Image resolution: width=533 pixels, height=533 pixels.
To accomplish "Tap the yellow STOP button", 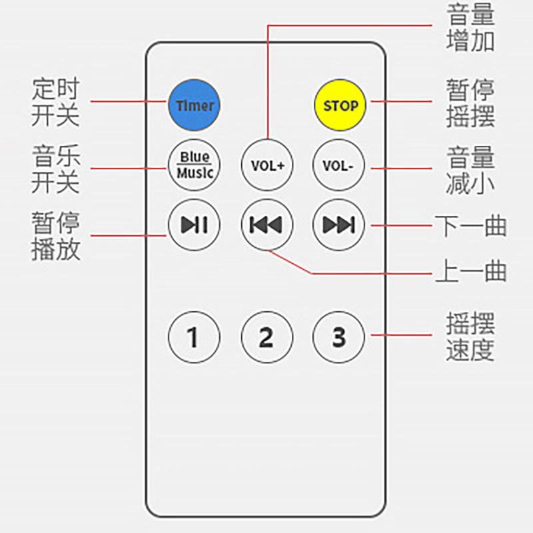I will [x=340, y=105].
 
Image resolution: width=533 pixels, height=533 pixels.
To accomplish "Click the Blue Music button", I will [x=195, y=165].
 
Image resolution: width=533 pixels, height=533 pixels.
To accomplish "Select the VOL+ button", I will [x=267, y=165].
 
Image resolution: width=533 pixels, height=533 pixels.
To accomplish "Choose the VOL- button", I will [x=338, y=165].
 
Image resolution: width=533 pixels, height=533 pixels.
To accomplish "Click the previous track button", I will [x=266, y=225].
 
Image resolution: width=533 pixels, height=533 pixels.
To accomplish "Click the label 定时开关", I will [x=55, y=102].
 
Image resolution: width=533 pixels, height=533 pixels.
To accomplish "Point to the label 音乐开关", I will [x=55, y=169].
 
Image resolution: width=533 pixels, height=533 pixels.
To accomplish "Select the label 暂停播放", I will [x=55, y=236].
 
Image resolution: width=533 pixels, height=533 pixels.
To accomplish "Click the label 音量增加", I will [x=470, y=27].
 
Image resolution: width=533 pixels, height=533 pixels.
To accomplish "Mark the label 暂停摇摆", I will [x=470, y=103].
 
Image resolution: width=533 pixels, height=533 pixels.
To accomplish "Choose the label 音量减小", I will [x=470, y=171].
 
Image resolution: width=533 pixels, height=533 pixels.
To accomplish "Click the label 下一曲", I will [x=470, y=226].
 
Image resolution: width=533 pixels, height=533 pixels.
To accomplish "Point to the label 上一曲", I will [x=470, y=271].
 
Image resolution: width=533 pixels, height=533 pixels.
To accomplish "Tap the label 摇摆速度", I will [x=470, y=337].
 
